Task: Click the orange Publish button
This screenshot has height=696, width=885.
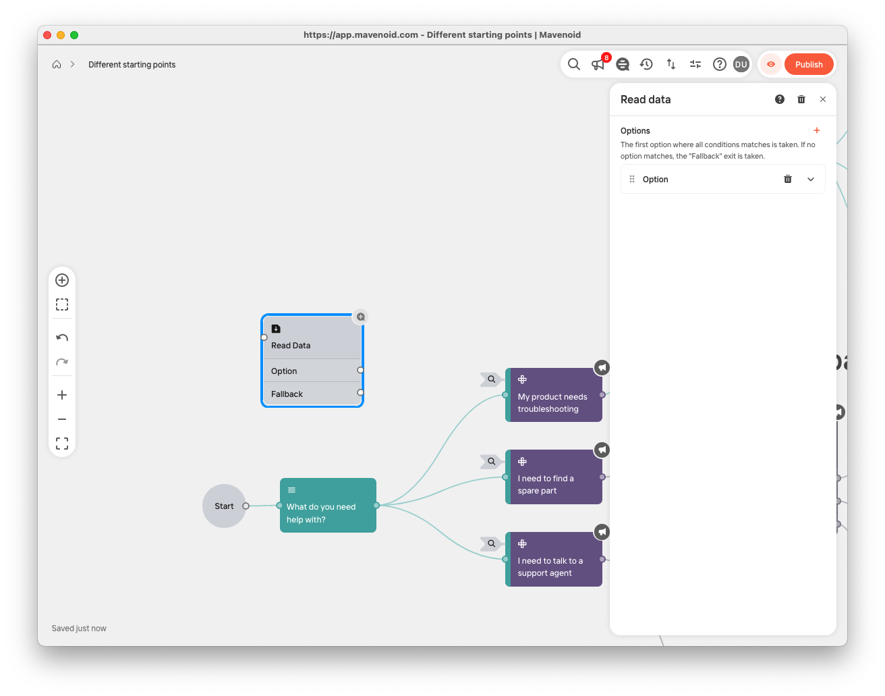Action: coord(809,65)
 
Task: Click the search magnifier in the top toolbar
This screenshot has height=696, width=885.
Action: coord(574,64)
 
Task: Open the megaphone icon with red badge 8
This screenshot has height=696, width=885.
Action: coord(598,64)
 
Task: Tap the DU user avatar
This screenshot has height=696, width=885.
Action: coord(741,64)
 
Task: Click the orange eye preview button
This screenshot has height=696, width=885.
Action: coord(770,64)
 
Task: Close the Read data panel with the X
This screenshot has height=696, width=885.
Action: coord(823,99)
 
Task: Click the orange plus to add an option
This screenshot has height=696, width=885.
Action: coord(817,130)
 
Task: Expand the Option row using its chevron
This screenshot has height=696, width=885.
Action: coord(811,180)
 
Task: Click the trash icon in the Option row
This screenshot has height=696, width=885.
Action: coord(788,180)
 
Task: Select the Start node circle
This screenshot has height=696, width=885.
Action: coord(224,506)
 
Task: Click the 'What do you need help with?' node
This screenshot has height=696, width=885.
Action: coord(328,506)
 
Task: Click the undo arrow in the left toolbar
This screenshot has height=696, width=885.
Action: coord(62,338)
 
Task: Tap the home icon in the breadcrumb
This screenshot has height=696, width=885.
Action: coord(57,65)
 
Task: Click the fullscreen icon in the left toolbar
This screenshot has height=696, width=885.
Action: coord(62,444)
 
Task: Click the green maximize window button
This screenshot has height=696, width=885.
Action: coord(74,35)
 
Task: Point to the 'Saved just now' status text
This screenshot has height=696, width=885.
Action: coord(79,628)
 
